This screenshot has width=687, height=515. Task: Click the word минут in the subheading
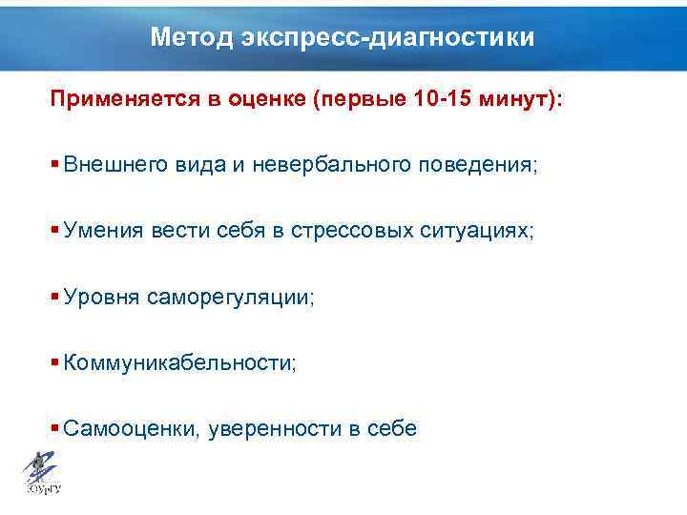coord(517,101)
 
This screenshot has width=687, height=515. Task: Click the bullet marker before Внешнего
coord(56,163)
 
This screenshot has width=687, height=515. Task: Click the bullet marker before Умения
coord(56,230)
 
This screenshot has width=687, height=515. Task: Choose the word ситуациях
coord(481,231)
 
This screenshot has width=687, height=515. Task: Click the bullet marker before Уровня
coord(56,296)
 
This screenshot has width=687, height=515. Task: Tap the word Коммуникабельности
coord(180,363)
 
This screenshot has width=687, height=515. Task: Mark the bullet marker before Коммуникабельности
coord(56,361)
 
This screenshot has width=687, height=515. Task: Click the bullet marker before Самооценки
coord(56,427)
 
